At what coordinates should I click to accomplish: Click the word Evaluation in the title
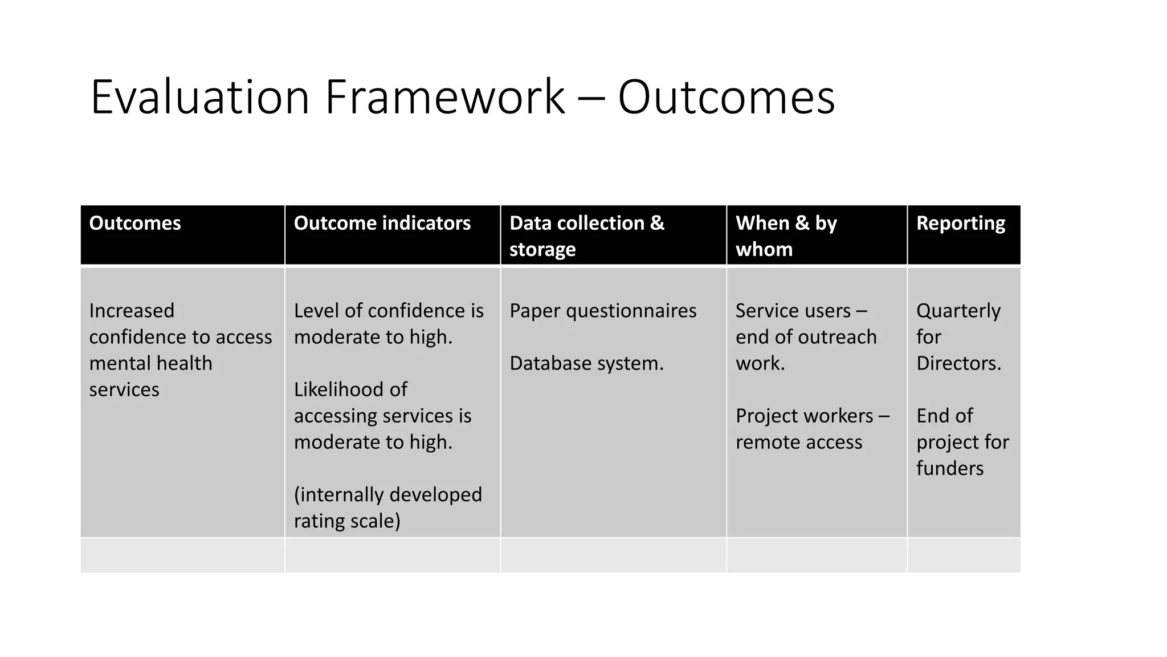click(x=199, y=98)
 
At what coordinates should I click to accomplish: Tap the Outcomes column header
click(x=135, y=223)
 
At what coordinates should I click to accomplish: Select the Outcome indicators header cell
click(x=382, y=223)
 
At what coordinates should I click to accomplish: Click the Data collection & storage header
click(x=587, y=236)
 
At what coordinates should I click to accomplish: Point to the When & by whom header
click(x=786, y=236)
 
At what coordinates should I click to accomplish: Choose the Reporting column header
click(x=961, y=223)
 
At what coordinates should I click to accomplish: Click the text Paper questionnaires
click(x=603, y=311)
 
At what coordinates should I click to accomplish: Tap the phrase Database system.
click(x=586, y=363)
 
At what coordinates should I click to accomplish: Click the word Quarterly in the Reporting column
click(x=958, y=311)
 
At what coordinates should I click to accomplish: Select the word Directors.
click(x=958, y=363)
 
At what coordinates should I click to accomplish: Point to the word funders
click(x=950, y=468)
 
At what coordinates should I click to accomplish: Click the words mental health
click(x=150, y=363)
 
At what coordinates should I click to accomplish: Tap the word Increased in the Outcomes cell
click(x=132, y=311)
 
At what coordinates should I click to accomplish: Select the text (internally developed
click(x=387, y=494)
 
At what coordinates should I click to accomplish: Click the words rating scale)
click(x=347, y=521)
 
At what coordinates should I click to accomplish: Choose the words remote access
click(x=799, y=442)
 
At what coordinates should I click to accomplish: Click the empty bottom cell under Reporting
click(x=964, y=555)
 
